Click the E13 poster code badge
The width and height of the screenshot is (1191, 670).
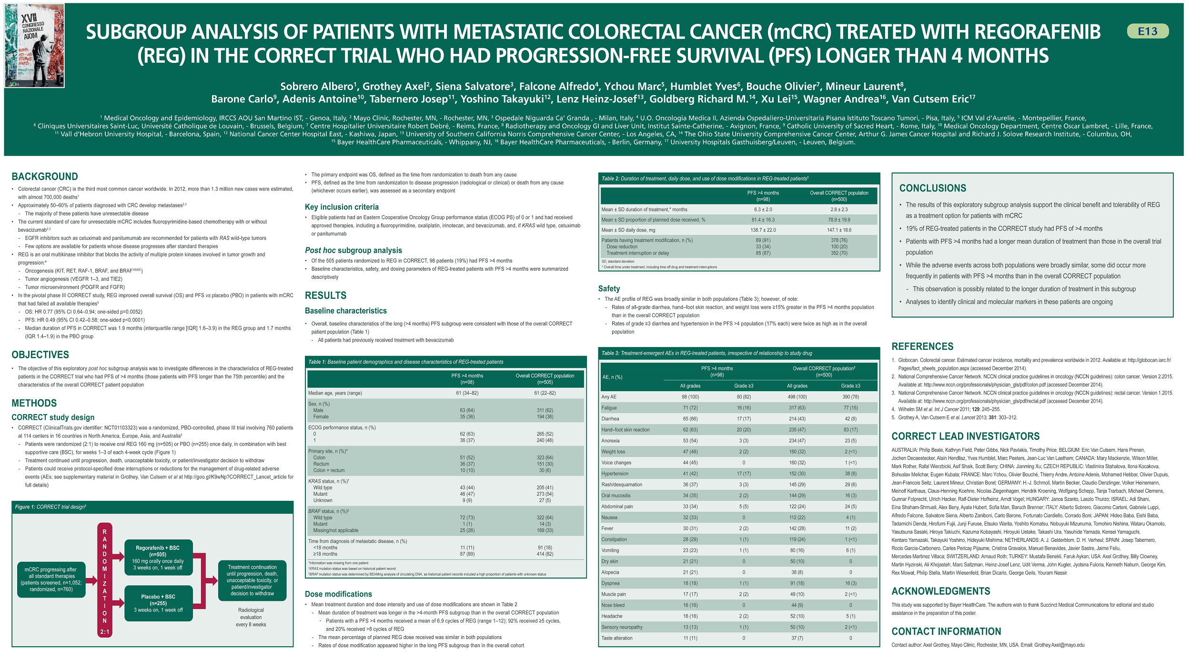click(x=1147, y=31)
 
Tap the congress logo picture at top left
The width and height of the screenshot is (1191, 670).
click(x=34, y=46)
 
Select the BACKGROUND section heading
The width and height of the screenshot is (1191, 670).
click(x=45, y=177)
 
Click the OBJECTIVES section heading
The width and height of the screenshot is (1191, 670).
click(x=40, y=355)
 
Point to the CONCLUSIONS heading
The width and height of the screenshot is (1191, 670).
click(x=932, y=188)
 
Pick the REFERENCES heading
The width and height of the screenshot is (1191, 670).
click(x=922, y=347)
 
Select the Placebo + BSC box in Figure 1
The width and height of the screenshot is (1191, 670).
click(x=158, y=603)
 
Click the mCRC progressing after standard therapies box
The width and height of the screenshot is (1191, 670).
click(x=51, y=579)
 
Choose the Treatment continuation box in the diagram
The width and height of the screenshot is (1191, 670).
click(x=252, y=580)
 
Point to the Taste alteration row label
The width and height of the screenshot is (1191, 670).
click(x=617, y=638)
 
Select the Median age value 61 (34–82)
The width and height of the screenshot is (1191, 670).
click(x=467, y=393)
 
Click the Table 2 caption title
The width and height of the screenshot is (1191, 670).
click(x=705, y=179)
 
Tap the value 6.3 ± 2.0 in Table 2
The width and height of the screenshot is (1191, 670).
click(x=763, y=210)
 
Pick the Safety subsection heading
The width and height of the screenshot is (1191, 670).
click(x=609, y=289)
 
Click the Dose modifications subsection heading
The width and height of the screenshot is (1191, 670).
click(x=338, y=594)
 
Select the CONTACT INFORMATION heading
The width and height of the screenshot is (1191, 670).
click(x=946, y=632)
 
